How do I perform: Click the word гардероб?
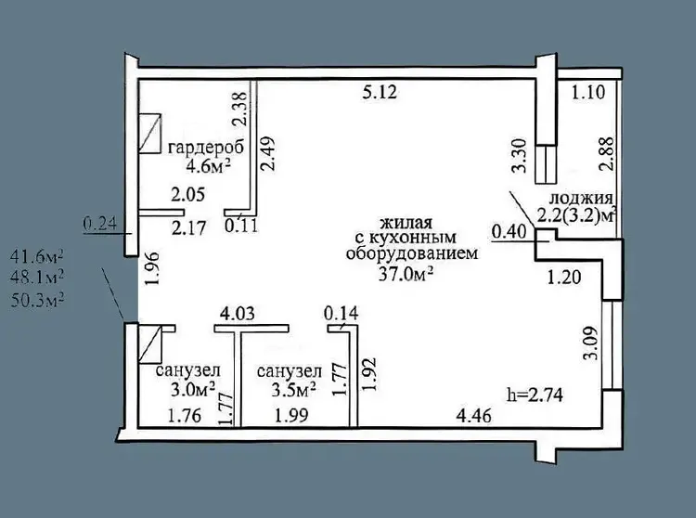(206, 148)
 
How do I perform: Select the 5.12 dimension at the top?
(380, 92)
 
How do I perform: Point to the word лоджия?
(581, 198)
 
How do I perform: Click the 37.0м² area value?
(406, 274)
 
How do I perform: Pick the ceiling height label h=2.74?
(535, 394)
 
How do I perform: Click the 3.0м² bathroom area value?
(193, 389)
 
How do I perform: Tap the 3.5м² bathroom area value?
(293, 389)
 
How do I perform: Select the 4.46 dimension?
(474, 416)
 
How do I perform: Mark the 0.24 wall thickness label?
(100, 224)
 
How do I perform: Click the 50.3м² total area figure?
(37, 301)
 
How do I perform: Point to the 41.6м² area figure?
(37, 256)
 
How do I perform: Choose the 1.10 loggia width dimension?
(588, 93)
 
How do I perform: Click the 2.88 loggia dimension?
(606, 153)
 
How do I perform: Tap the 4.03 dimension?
(238, 314)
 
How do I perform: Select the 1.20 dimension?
(563, 278)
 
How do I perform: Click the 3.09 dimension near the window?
(592, 344)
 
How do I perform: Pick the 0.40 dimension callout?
(509, 232)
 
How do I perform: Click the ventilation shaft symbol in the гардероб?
(149, 133)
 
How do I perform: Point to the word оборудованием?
(412, 254)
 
